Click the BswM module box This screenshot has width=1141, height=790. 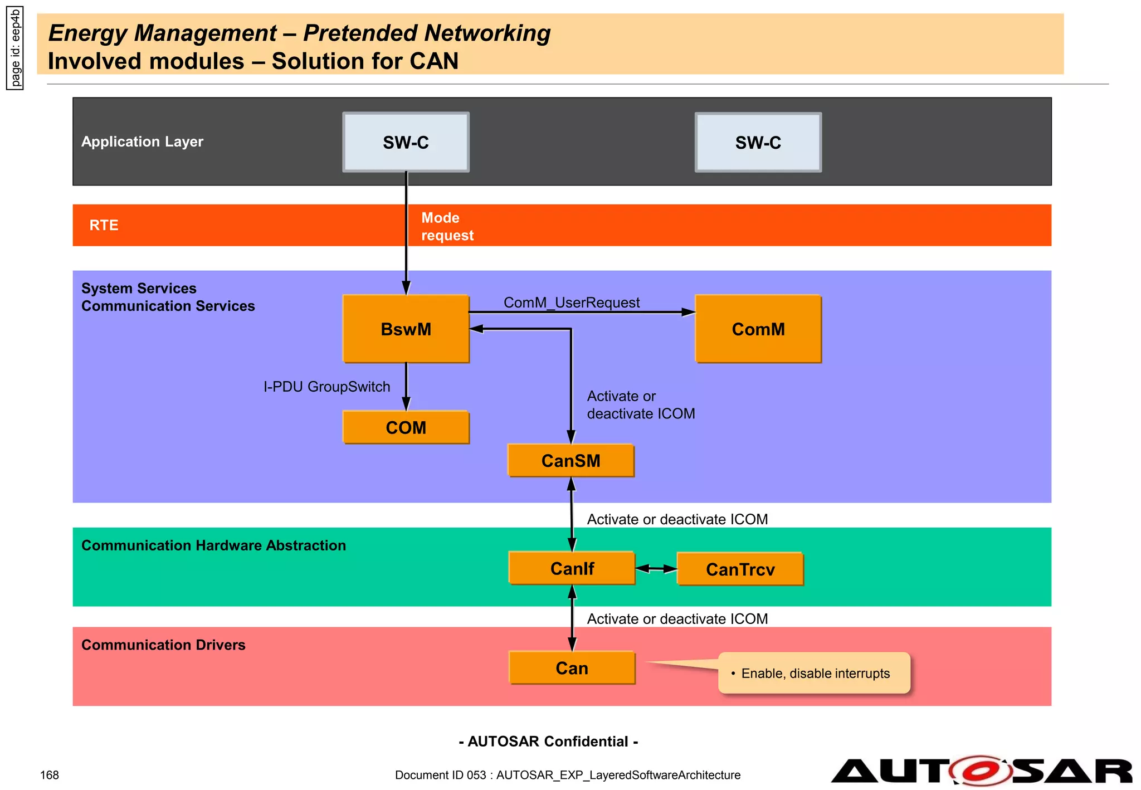point(406,329)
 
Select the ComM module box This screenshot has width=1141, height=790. point(758,329)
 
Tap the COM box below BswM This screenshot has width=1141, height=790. point(406,427)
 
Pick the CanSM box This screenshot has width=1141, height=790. point(570,461)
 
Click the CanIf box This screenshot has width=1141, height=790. point(572,568)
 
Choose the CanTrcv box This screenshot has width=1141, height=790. point(740,569)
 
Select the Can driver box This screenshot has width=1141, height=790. point(572,667)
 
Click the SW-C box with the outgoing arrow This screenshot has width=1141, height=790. point(406,143)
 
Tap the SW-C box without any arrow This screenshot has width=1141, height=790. point(758,143)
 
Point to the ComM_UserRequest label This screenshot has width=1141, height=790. point(572,303)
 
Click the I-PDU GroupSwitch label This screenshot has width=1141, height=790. point(326,387)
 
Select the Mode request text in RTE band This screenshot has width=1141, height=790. point(447,226)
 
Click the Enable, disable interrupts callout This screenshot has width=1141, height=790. point(815,673)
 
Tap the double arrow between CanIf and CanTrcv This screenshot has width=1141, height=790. point(656,569)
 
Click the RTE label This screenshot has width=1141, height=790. point(104,225)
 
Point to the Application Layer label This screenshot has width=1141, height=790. point(142,142)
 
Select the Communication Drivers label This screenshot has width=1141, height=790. point(163,645)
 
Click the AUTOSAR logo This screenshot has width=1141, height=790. point(981,771)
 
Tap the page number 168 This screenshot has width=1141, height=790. point(50,775)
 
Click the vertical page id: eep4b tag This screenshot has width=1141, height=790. point(15,48)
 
